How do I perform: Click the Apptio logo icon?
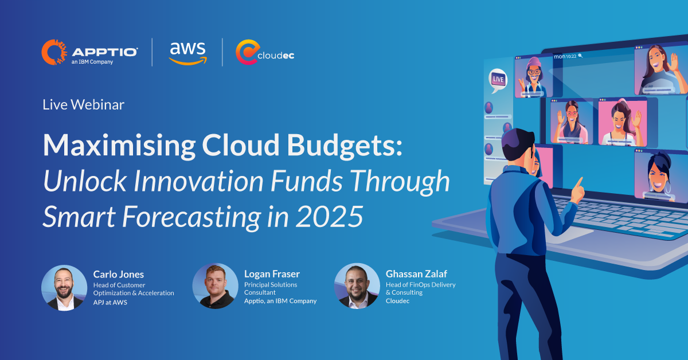click(54, 52)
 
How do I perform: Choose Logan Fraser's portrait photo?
click(215, 286)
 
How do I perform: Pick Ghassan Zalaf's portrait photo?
click(357, 286)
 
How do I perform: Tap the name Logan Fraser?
click(271, 274)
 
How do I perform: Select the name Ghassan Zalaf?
click(415, 274)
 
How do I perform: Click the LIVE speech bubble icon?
click(498, 80)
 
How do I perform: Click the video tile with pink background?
click(622, 122)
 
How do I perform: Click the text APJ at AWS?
click(110, 302)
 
